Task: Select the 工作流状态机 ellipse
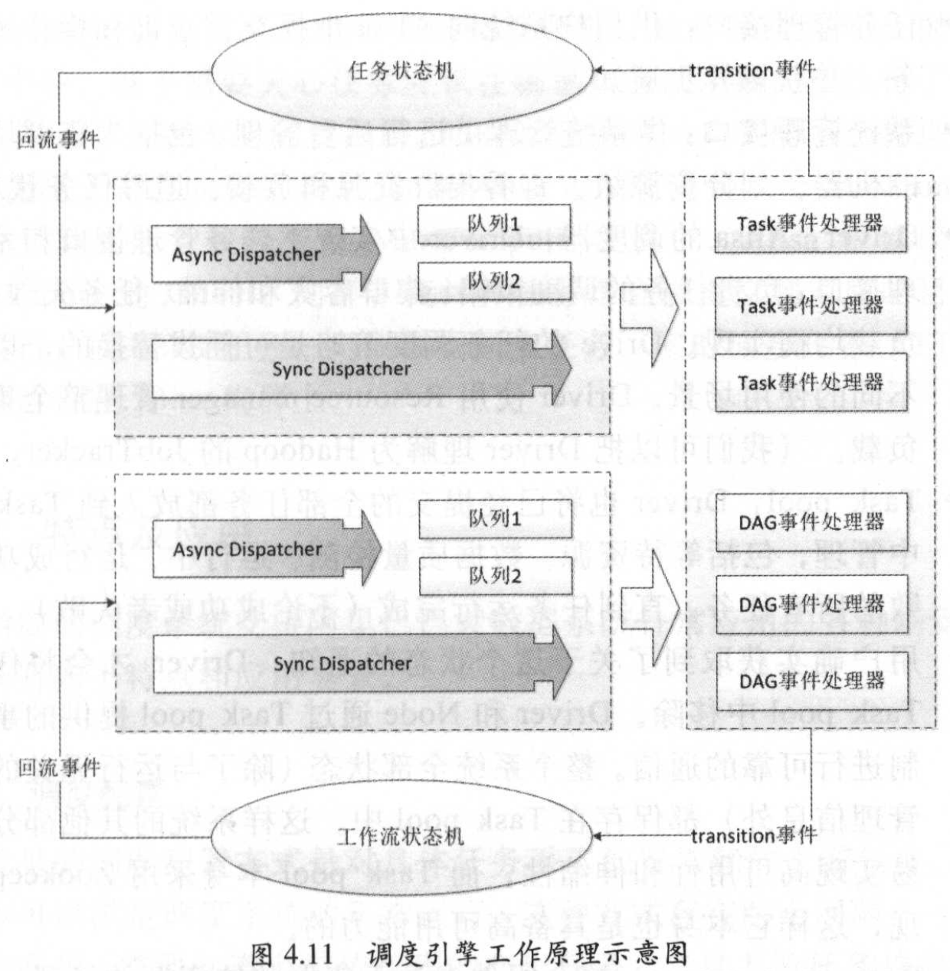[401, 836]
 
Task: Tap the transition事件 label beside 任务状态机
[752, 70]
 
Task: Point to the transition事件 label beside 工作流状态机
[753, 835]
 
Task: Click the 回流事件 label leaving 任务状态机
[58, 140]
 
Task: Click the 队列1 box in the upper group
[494, 224]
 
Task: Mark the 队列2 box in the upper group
[494, 281]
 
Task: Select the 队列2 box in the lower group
[495, 576]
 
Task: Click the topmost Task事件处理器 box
[810, 223]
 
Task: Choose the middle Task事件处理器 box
[810, 306]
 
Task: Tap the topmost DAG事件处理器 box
[811, 522]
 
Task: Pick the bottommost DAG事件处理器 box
[811, 680]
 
